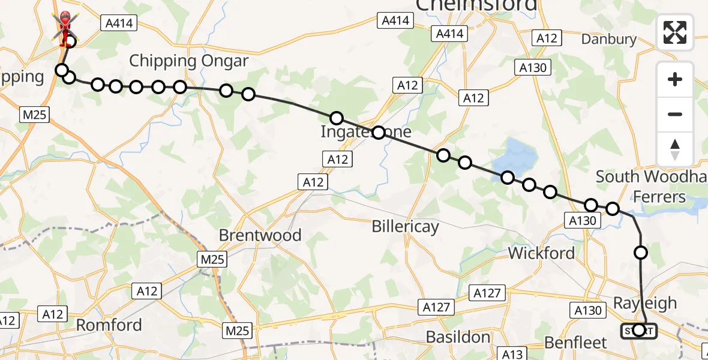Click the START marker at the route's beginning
tap(638, 330)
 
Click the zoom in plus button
tap(675, 79)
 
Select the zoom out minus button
tap(675, 114)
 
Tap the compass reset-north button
tap(675, 149)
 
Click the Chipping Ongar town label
tap(189, 61)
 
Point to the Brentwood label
tap(260, 235)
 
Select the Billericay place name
tap(405, 227)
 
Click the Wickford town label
tap(541, 253)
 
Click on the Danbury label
tap(609, 40)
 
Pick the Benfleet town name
tap(575, 343)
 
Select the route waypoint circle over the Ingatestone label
tap(378, 133)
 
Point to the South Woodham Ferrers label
tap(651, 187)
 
